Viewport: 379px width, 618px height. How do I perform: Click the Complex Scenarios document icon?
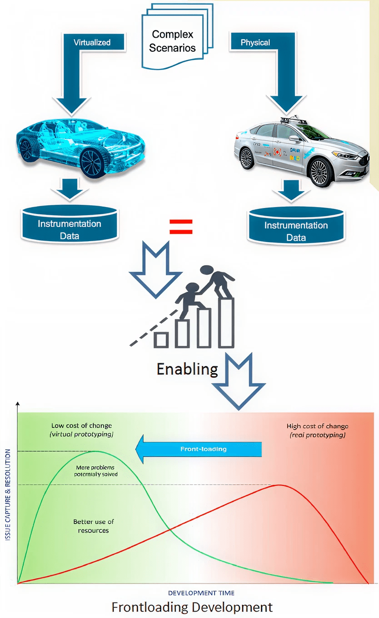click(173, 41)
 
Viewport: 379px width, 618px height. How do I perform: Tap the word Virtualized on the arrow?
click(92, 43)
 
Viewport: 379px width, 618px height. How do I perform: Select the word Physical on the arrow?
click(255, 43)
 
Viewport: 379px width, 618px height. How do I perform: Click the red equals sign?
click(181, 227)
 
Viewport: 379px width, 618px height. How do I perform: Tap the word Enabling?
click(187, 368)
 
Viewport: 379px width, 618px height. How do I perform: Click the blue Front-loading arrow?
click(199, 449)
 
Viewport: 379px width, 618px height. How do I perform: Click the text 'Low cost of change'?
click(81, 426)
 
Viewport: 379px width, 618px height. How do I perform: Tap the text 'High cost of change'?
click(317, 426)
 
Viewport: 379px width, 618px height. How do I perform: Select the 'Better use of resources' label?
click(93, 526)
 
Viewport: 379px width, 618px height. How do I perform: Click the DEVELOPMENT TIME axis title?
click(201, 593)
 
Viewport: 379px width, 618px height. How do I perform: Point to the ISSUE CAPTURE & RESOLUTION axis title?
click(8, 495)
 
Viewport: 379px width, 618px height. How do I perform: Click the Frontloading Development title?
click(192, 607)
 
